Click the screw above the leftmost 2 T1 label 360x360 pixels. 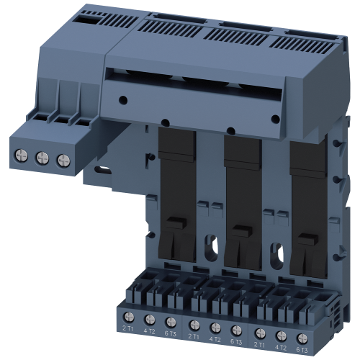click(129, 318)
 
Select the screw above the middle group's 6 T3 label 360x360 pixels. click(235, 318)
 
